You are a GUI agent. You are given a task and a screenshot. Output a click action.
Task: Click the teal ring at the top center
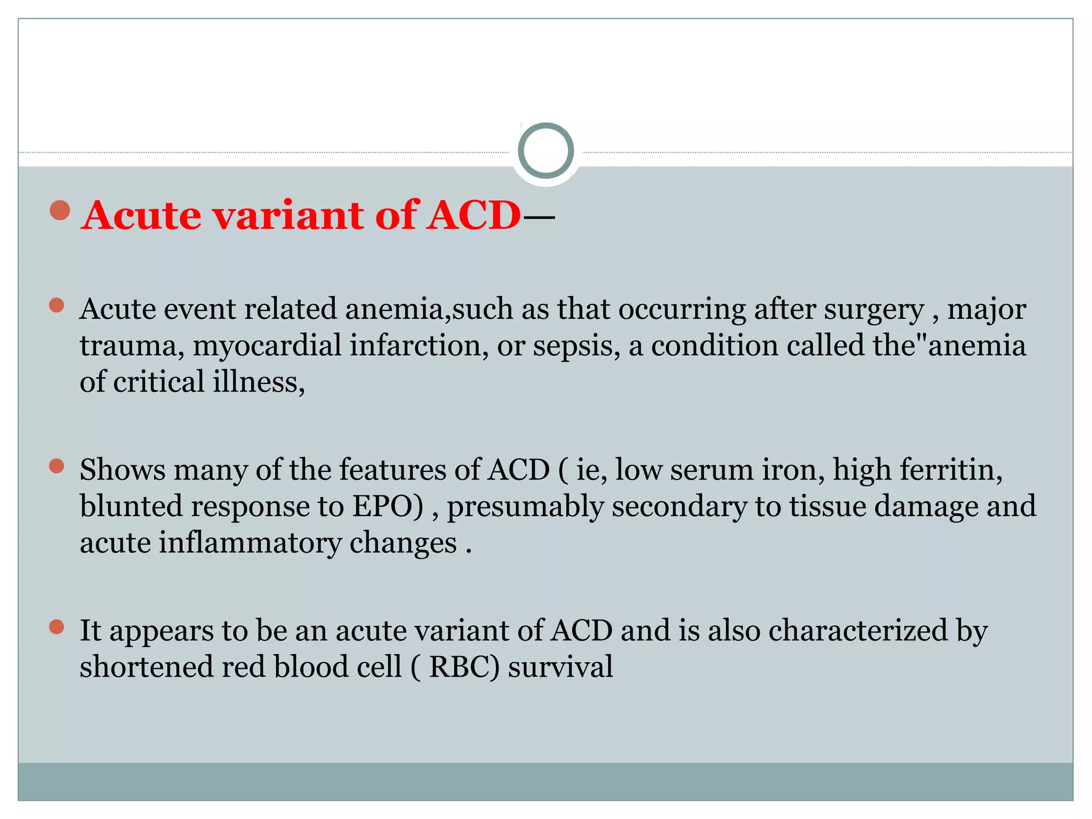coord(545,151)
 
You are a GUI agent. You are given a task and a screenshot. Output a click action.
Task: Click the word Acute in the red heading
coord(141,215)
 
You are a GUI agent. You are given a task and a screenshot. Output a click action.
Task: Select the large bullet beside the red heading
coord(60,210)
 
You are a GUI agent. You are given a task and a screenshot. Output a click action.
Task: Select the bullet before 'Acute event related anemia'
coord(57,306)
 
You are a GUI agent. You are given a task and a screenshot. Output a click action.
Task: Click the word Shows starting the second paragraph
coord(122,470)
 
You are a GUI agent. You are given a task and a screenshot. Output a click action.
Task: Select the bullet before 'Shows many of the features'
coord(57,466)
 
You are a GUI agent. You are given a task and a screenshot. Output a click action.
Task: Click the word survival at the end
coord(560,667)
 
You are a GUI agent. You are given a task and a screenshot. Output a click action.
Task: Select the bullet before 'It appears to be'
coord(57,627)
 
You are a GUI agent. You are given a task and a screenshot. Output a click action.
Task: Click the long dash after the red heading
coord(539,217)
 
